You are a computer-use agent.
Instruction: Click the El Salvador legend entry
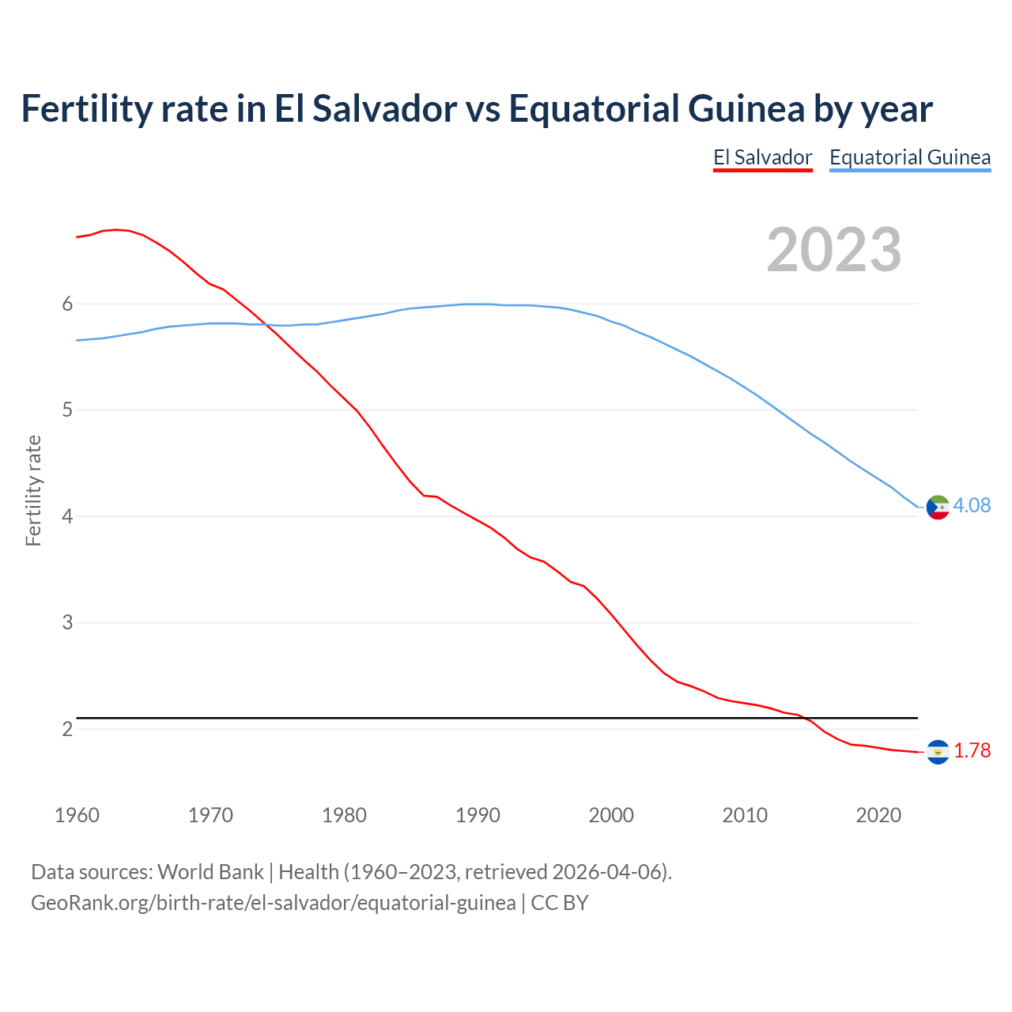[x=762, y=157]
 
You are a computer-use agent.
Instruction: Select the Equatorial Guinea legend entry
[x=909, y=157]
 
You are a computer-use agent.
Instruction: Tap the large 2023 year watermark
[x=834, y=250]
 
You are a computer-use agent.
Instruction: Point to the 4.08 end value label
[x=972, y=505]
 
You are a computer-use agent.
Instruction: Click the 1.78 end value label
[x=972, y=750]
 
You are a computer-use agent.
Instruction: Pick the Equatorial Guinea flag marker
[x=938, y=507]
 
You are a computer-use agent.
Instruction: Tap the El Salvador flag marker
[x=938, y=752]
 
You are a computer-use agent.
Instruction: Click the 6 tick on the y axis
[x=67, y=304]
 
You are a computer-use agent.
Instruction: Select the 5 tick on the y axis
[x=67, y=410]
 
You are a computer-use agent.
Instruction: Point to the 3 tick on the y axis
[x=67, y=623]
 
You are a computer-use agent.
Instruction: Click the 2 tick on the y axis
[x=67, y=729]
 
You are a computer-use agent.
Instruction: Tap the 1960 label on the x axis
[x=77, y=815]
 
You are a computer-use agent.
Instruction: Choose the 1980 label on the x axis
[x=344, y=815]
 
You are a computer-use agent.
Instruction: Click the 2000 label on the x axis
[x=611, y=815]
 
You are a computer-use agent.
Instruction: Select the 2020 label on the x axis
[x=878, y=815]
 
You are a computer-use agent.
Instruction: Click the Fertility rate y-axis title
[x=33, y=490]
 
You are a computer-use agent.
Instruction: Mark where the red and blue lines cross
[x=266, y=324]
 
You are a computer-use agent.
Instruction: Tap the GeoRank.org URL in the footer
[x=273, y=902]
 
